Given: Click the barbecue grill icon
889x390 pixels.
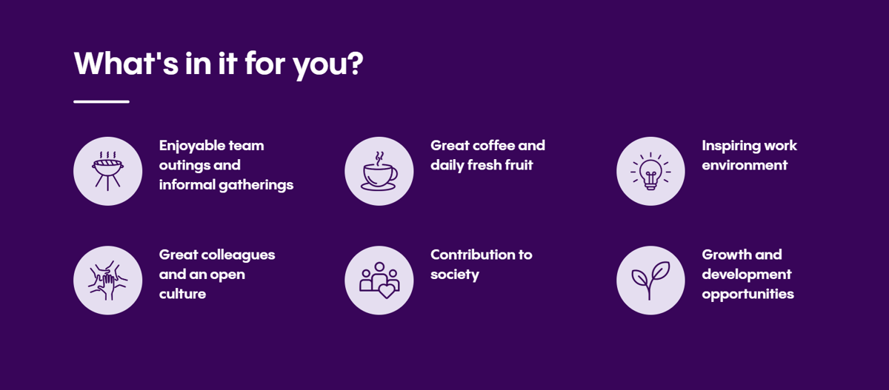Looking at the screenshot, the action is coord(107,171).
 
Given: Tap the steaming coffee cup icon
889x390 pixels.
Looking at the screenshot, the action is coord(379,171).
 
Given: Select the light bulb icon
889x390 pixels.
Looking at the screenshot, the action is coord(650,171).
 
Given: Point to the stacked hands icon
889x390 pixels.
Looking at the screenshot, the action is coord(107,280).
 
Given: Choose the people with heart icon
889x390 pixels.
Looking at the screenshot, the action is coord(379,280).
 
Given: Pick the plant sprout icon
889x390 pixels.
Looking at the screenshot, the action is coord(650,280).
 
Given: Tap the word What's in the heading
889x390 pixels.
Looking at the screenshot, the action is coord(126,63).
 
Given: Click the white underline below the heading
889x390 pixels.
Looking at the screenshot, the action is coord(101,102).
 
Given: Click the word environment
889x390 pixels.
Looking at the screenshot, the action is coord(745,165).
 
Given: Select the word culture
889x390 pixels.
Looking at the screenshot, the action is coord(182,294).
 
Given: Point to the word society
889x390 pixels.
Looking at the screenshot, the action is coord(454,275).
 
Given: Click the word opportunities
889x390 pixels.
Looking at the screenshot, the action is coord(748,295).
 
